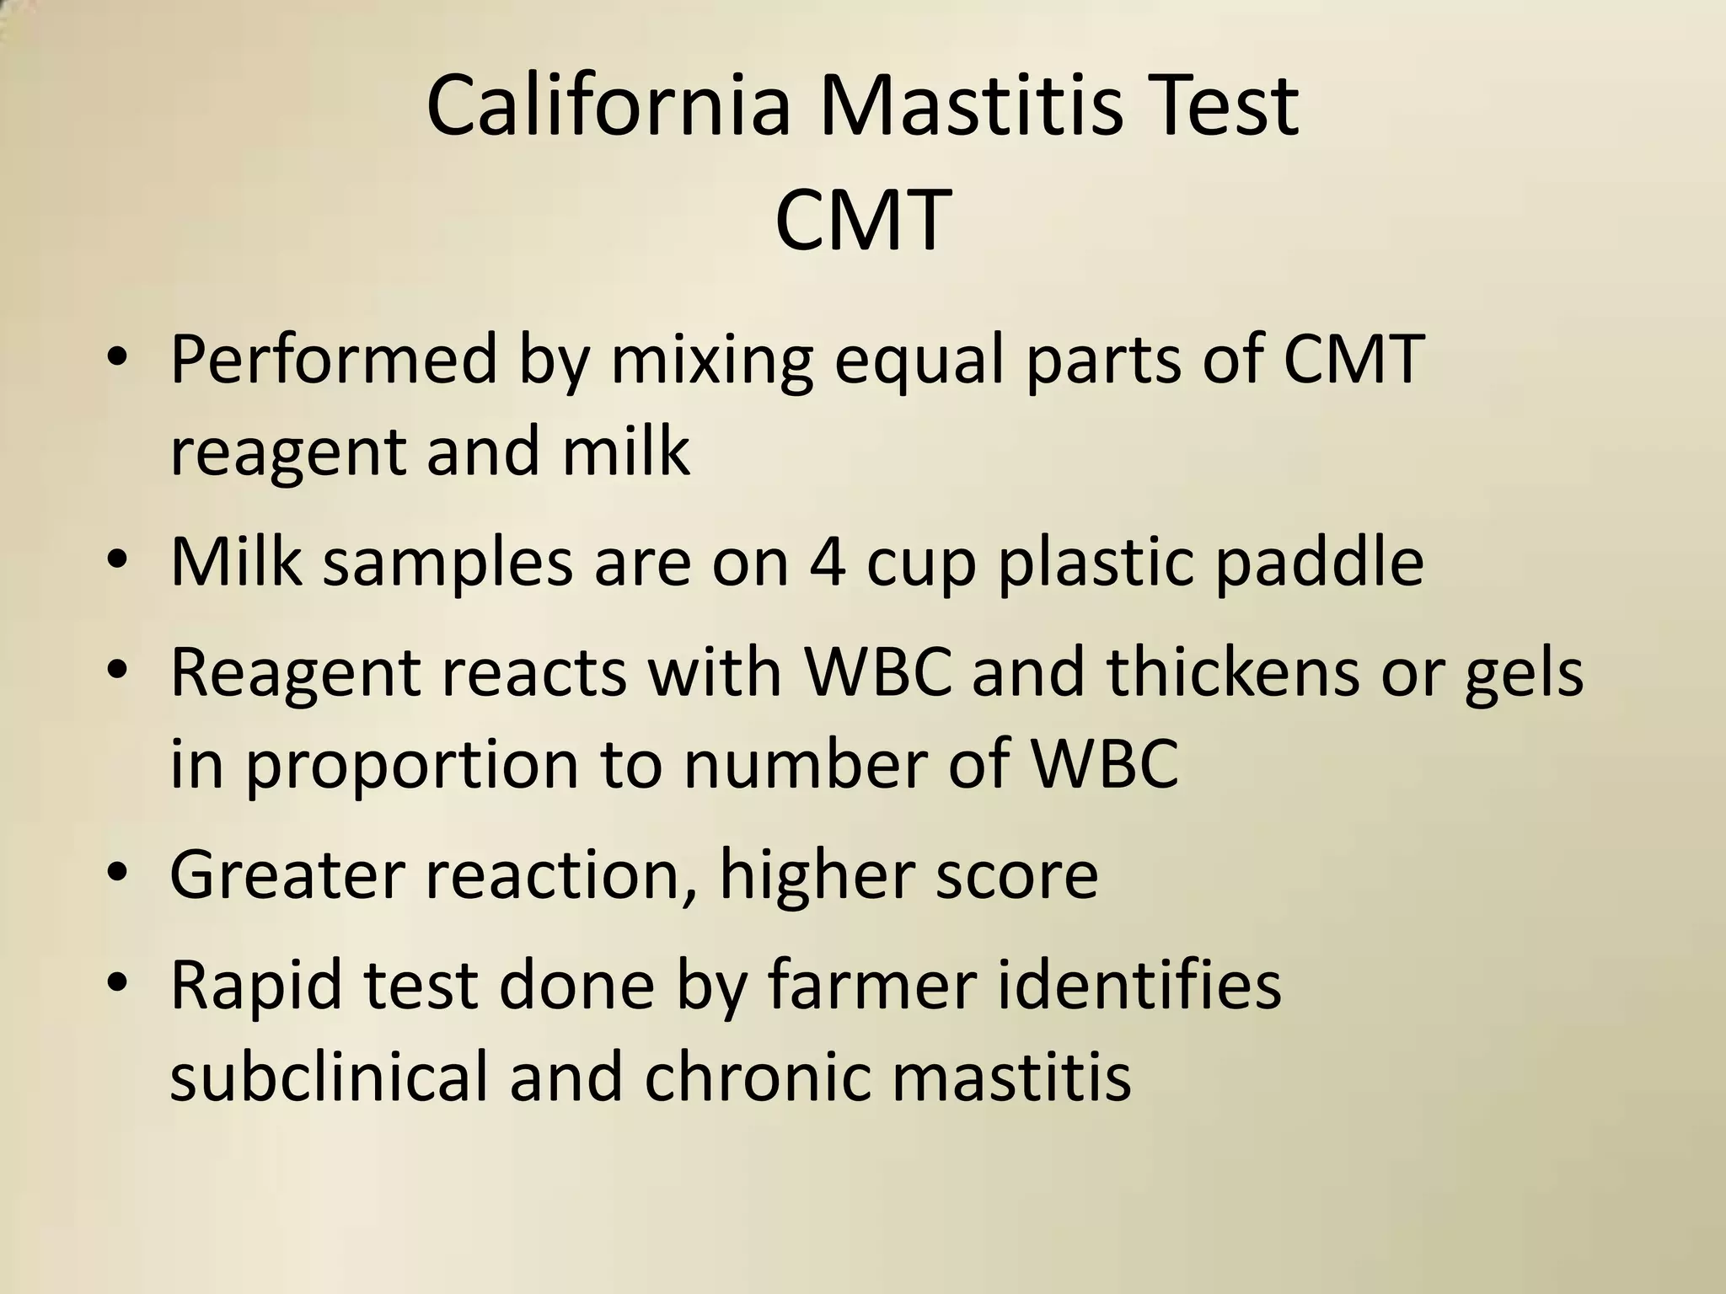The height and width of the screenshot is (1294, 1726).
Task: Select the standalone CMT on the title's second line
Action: coord(862,222)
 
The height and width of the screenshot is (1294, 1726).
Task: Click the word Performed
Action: coord(334,361)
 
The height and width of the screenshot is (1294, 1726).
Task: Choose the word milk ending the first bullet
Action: coord(626,452)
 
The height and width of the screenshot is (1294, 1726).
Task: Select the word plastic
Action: coord(1096,561)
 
